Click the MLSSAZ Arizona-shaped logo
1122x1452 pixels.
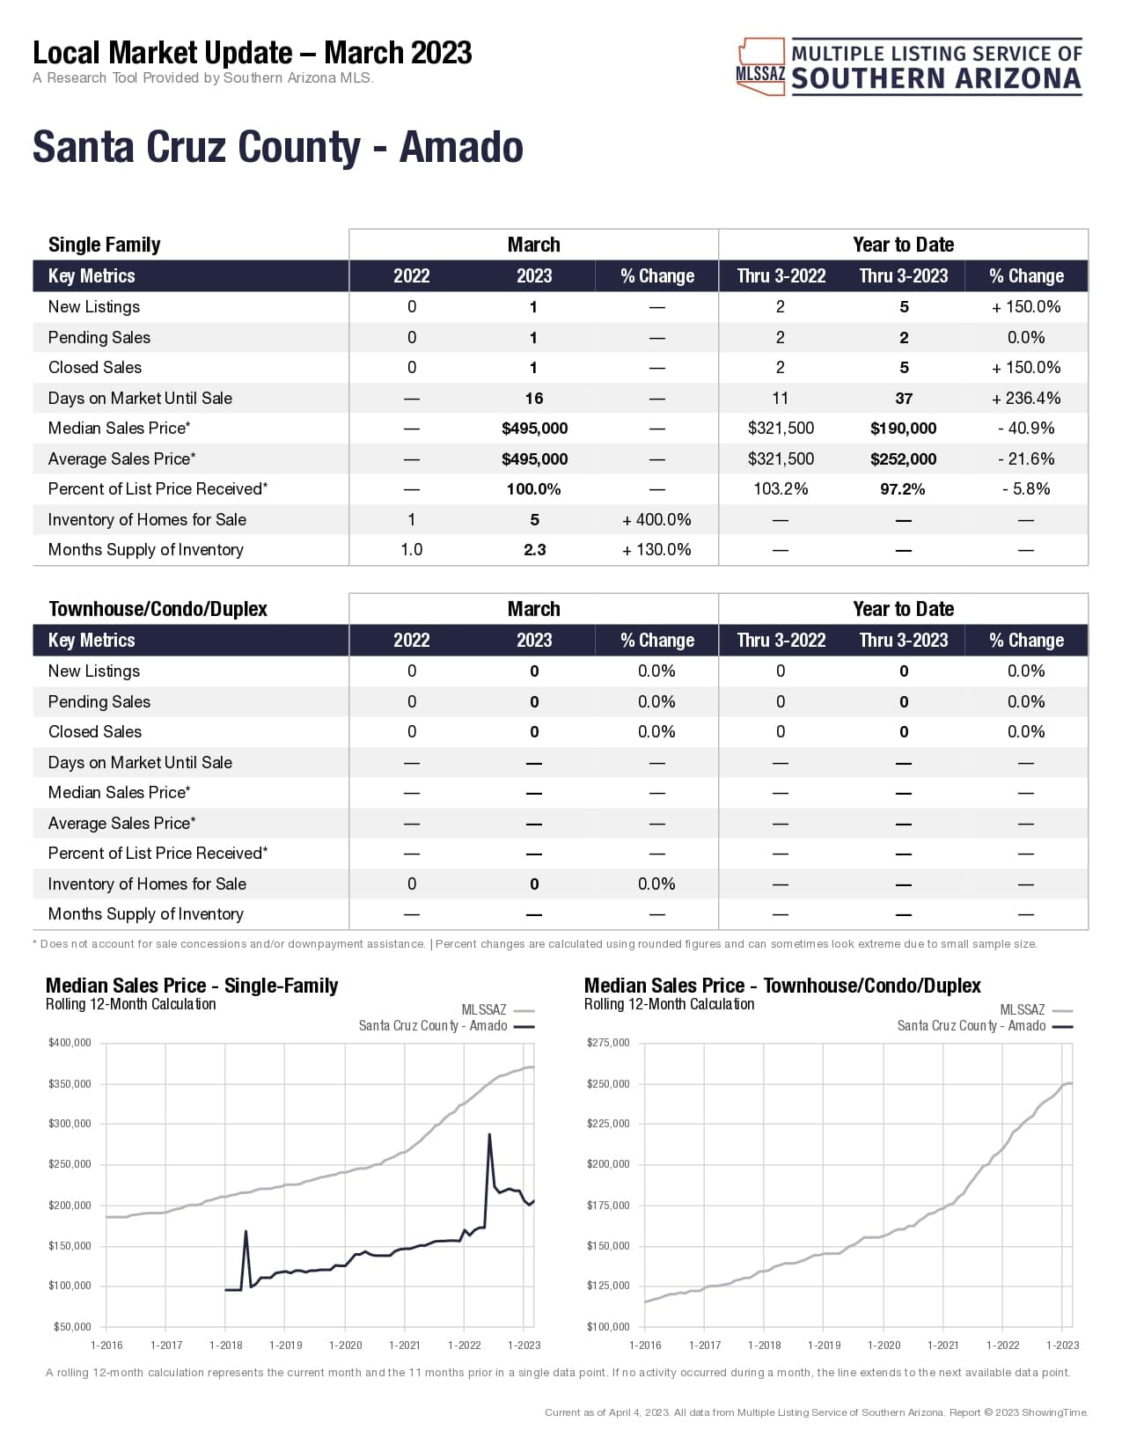click(x=760, y=67)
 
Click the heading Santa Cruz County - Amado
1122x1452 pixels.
click(x=277, y=147)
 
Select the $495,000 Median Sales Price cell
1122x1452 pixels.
click(x=534, y=429)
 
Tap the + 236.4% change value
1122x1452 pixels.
click(x=1025, y=399)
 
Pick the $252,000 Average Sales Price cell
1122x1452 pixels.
click(x=903, y=459)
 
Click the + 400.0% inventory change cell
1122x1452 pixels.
click(x=656, y=520)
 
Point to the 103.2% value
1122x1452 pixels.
click(x=781, y=489)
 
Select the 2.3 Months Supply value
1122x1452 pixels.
click(x=534, y=550)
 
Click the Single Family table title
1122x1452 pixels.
click(x=104, y=245)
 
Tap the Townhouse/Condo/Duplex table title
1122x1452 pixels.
click(x=158, y=609)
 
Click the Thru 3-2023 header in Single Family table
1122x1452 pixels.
click(x=903, y=276)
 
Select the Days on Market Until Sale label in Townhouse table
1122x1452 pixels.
click(x=140, y=763)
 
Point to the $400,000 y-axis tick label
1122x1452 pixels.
click(x=70, y=1043)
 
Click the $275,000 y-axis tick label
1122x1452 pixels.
click(x=608, y=1043)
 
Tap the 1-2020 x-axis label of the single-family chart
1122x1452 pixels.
click(x=345, y=1346)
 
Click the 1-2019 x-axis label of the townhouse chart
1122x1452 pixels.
click(x=824, y=1346)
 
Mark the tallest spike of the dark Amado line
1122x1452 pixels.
click(x=489, y=1135)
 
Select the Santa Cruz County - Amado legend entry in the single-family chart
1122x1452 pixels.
click(x=433, y=1026)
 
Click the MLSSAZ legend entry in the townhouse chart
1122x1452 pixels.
click(x=1023, y=1010)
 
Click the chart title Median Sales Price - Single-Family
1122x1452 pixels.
click(x=192, y=986)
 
